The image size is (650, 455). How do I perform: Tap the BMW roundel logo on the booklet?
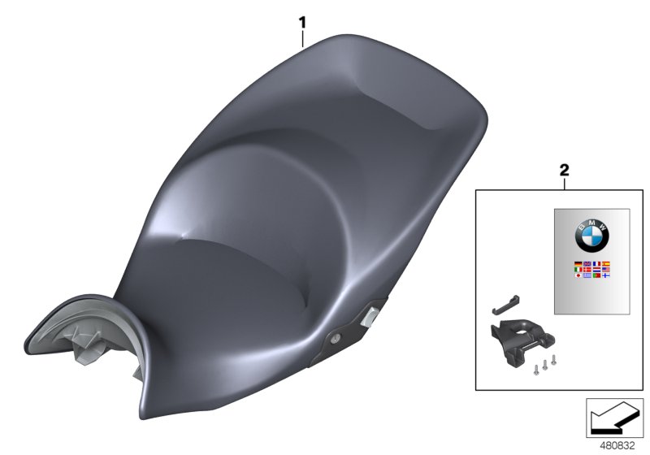(x=592, y=236)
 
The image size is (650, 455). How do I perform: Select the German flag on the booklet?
(x=578, y=264)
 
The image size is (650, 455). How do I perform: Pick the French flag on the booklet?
(x=596, y=264)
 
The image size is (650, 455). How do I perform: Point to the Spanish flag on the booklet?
(x=606, y=264)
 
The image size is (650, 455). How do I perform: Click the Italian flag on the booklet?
(x=578, y=270)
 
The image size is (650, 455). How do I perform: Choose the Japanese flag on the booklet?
(x=578, y=275)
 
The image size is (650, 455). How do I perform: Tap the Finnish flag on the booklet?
(x=606, y=275)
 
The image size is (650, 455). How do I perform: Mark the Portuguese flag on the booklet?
(x=596, y=275)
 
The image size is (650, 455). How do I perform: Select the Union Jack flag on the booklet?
(x=587, y=264)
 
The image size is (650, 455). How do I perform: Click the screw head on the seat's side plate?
(x=336, y=337)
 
